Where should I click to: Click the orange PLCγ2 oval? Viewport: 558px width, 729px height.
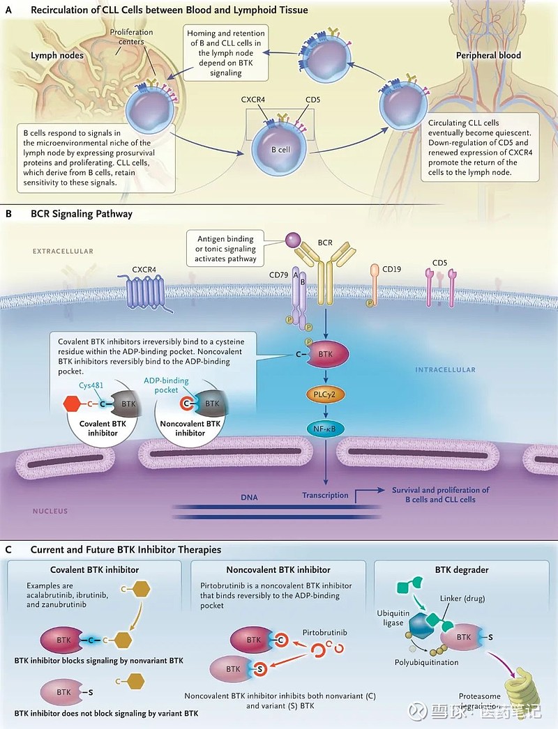325,394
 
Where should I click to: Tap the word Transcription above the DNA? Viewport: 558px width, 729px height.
325,496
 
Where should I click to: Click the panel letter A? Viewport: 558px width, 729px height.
8,10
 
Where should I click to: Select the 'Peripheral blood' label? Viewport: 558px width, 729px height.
488,54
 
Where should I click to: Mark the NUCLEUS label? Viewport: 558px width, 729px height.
50,511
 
